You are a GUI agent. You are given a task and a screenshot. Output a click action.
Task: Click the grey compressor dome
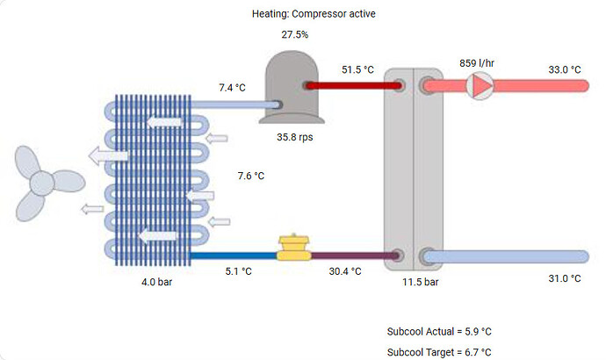click(295, 82)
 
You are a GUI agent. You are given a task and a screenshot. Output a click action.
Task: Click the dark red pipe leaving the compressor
click(351, 85)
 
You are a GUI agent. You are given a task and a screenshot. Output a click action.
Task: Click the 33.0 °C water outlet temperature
click(564, 69)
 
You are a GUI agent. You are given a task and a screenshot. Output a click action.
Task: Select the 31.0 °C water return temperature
click(564, 278)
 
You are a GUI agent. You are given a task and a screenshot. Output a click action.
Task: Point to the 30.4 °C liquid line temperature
click(345, 271)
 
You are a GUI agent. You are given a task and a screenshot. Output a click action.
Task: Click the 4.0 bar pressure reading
click(158, 284)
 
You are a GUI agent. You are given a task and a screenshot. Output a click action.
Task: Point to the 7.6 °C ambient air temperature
click(251, 176)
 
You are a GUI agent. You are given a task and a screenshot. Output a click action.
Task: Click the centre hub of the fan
click(42, 183)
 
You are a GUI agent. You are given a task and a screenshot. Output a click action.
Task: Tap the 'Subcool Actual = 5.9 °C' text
click(439, 332)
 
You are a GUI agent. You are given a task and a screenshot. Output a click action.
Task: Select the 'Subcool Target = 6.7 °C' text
click(439, 351)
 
